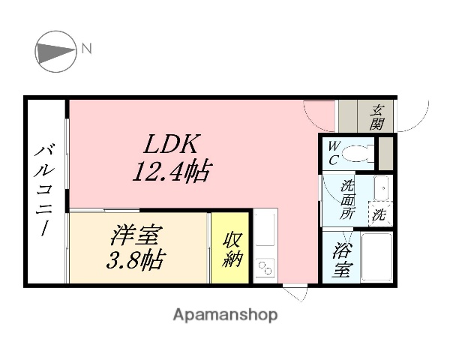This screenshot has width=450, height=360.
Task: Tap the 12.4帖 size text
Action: coord(170,173)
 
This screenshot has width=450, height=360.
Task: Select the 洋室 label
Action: coord(135,236)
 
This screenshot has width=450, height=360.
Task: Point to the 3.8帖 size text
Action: coord(136,262)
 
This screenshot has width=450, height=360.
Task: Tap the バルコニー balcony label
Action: coord(43,191)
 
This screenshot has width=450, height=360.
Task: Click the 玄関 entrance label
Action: coord(376,115)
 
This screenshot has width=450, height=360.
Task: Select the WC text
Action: coord(332,152)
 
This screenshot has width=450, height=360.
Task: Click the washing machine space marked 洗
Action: coord(380,214)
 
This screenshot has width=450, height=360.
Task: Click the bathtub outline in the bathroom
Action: coord(376,256)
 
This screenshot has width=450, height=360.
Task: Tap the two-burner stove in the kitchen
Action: coord(265,268)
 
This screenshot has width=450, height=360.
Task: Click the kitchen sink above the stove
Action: coord(265,229)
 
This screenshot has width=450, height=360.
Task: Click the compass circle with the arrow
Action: coord(56,52)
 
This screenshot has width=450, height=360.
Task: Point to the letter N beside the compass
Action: coord(87,49)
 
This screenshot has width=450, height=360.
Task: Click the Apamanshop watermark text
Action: coord(225,315)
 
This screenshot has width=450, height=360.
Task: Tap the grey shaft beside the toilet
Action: coord(385,152)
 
